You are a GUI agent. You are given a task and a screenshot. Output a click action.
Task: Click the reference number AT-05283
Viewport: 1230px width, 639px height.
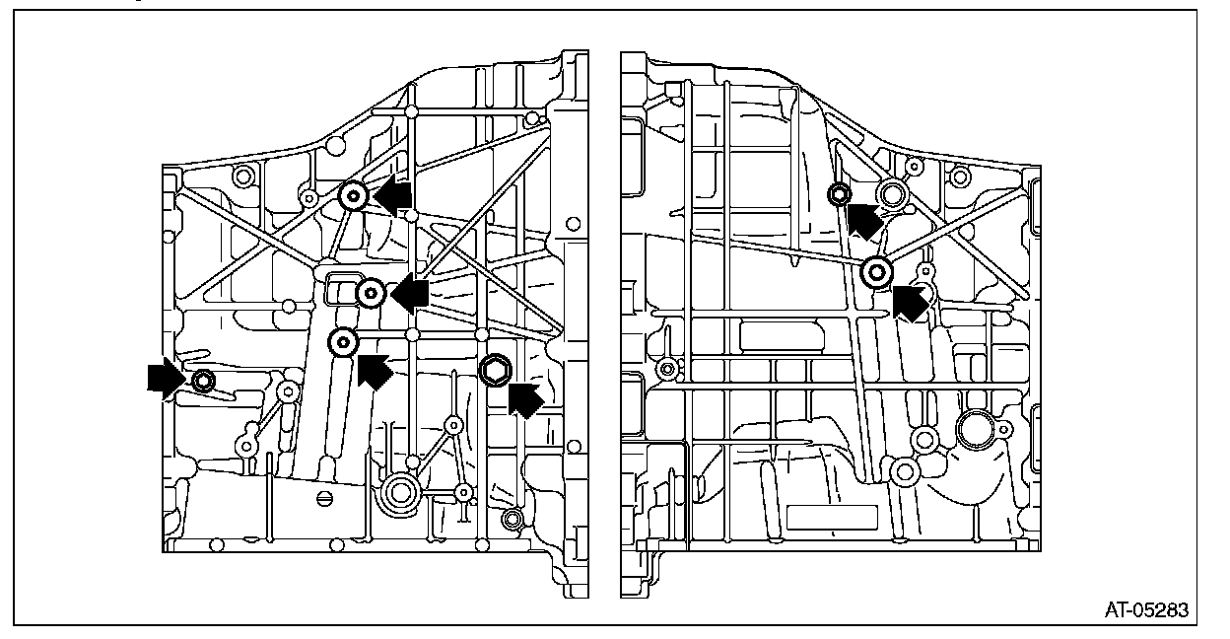coord(1146,610)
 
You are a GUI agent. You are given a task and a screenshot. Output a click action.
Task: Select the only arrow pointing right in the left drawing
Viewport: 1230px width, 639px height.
coord(164,378)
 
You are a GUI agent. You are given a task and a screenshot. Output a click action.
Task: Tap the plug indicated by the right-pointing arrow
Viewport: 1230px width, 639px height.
coord(203,380)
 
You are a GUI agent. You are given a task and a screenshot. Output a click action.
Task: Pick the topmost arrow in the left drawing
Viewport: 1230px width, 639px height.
coord(392,196)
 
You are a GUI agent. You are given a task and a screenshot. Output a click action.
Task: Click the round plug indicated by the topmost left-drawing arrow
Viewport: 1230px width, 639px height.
coord(353,197)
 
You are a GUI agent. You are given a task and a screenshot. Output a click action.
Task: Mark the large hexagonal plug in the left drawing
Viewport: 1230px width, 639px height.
coord(494,370)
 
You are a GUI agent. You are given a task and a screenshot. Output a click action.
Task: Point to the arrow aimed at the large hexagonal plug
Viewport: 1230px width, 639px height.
coord(526,398)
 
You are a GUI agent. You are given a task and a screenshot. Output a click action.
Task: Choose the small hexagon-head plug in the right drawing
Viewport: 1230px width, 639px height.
coord(839,193)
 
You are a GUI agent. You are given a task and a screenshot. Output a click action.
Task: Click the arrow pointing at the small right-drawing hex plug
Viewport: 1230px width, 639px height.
coord(864,219)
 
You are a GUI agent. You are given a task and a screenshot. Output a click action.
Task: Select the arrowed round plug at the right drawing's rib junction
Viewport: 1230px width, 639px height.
coord(876,271)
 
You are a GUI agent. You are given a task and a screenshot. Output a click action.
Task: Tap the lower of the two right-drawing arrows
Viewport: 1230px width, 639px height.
coord(910,301)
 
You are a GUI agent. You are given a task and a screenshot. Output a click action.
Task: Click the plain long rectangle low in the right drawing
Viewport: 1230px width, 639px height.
coord(833,516)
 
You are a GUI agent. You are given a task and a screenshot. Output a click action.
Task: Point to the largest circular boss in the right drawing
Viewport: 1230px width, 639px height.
coord(977,430)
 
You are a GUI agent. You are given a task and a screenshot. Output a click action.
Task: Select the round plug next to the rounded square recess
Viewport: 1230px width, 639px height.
coord(371,292)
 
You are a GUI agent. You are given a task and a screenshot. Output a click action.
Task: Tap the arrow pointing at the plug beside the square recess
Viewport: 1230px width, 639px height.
coord(409,292)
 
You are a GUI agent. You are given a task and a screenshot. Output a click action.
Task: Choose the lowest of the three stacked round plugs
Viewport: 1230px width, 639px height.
coord(342,342)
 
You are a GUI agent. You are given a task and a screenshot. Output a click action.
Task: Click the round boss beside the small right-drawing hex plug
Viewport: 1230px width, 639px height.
coord(893,194)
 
